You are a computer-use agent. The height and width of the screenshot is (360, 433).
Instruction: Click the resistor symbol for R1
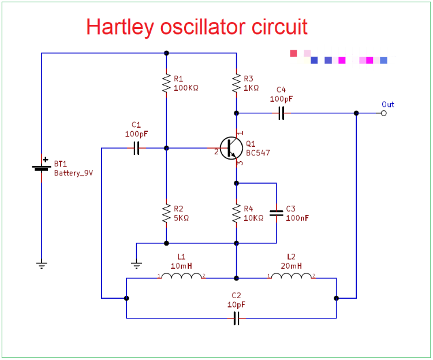click(166, 83)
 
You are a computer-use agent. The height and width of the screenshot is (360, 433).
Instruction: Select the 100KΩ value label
click(186, 88)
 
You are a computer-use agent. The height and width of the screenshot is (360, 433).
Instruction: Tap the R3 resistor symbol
click(236, 83)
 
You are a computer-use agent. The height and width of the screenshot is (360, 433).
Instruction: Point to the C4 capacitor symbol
click(281, 113)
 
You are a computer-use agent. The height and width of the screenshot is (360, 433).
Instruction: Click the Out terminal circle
click(384, 113)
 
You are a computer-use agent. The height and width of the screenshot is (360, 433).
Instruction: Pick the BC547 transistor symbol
click(232, 149)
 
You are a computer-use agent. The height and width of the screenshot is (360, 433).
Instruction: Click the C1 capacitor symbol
click(136, 149)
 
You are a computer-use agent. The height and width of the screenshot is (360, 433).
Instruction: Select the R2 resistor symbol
click(166, 213)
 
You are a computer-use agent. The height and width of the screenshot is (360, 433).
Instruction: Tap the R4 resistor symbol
click(236, 213)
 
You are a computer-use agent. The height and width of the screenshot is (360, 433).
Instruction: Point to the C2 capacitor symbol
click(236, 318)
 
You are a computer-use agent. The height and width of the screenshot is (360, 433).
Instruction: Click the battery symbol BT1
click(42, 168)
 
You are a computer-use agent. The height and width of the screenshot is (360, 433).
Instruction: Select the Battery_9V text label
click(73, 173)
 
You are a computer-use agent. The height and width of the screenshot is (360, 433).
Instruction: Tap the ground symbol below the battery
click(42, 265)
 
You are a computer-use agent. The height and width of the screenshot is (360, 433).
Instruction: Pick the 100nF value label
click(298, 218)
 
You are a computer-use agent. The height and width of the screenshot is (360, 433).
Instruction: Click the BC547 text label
click(257, 153)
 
